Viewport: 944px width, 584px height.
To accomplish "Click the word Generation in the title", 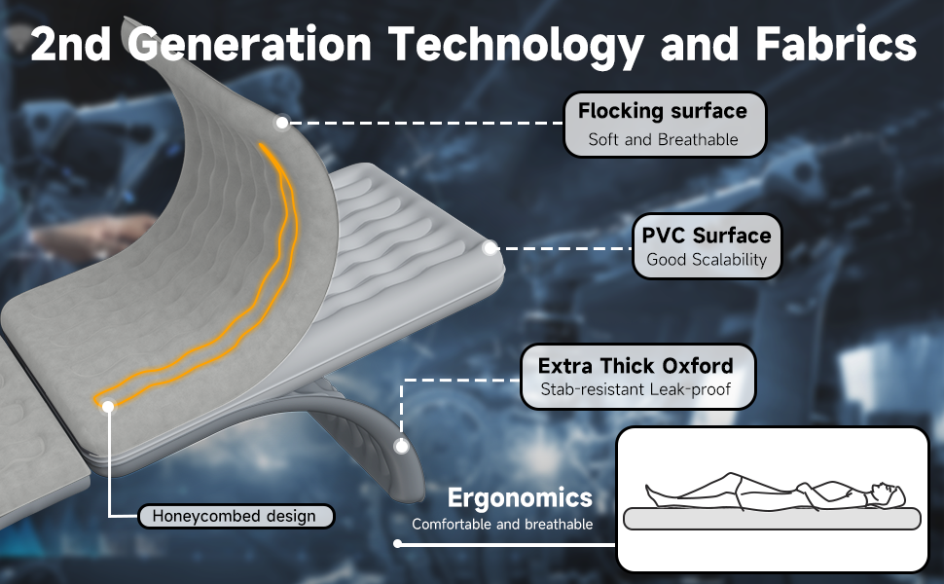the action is pos(249,45).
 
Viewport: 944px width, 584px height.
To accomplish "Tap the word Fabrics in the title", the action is pos(836,44).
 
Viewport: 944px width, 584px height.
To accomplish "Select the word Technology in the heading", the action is pos(516,47).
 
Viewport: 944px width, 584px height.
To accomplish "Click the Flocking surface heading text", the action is pos(662,111).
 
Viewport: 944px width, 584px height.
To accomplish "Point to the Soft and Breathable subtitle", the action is pos(663,140).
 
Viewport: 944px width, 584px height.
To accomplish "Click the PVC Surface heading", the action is pos(707,236).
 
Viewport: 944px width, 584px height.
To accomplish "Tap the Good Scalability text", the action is pos(707,260).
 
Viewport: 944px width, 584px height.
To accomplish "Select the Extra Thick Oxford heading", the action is pos(635,365).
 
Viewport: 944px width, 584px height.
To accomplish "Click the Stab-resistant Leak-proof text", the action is pos(635,389).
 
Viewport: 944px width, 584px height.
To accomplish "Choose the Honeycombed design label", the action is pos(235,516).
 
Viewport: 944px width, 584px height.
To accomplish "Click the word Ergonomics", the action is pos(520,498).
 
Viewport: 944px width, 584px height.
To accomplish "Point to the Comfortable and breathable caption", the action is pos(502,525).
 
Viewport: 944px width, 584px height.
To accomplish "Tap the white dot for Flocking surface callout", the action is pos(282,123).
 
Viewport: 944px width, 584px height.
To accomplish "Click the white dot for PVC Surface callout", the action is pos(490,247).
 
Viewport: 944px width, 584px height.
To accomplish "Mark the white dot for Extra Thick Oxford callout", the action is pos(402,446).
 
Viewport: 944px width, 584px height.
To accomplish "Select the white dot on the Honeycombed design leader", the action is pos(108,407).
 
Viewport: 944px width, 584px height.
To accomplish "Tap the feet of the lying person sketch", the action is pos(653,494).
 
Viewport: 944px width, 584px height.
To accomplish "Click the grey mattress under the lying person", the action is pos(772,519).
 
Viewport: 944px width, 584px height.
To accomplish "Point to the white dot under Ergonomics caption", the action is pos(397,544).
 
